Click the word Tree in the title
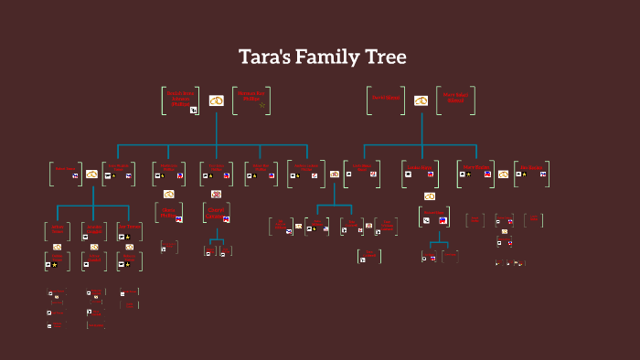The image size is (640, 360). click(x=384, y=57)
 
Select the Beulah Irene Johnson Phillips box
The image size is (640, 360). click(x=181, y=100)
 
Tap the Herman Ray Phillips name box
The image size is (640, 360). click(x=251, y=100)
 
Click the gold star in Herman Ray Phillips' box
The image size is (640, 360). click(x=262, y=105)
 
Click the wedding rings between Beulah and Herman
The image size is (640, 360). click(x=217, y=101)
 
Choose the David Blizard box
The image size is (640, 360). click(x=386, y=100)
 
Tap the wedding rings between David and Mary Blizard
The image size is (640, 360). click(x=421, y=101)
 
